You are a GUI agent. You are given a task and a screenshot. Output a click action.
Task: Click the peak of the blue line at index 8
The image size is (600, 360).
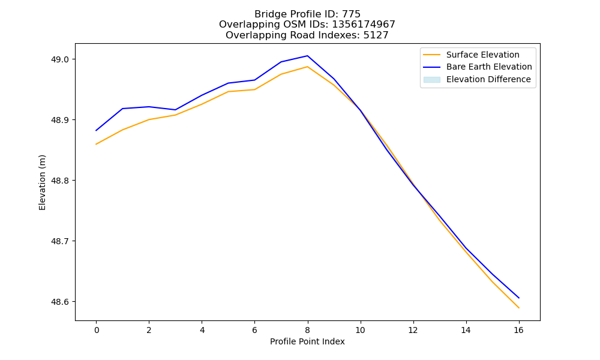click(307, 56)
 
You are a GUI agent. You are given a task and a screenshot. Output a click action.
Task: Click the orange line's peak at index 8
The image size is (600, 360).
click(307, 67)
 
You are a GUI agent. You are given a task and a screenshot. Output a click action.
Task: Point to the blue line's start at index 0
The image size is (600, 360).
click(96, 130)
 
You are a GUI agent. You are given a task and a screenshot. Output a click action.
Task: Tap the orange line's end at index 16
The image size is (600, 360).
click(519, 308)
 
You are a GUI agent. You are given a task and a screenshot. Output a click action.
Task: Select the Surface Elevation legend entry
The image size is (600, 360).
click(472, 55)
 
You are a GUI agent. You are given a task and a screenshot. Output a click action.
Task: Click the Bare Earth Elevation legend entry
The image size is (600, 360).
click(478, 67)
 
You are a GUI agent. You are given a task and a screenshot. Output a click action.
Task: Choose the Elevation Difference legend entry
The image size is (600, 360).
click(477, 79)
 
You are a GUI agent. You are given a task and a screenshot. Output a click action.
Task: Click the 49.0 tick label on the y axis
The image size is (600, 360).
click(60, 59)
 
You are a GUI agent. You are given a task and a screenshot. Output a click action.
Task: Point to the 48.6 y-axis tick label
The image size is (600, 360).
click(60, 302)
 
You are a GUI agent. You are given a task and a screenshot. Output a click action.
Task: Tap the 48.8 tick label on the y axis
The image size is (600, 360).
click(60, 181)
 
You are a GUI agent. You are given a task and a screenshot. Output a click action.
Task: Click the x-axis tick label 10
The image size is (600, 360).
click(360, 330)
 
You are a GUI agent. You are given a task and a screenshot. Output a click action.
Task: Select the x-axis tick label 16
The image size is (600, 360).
click(518, 330)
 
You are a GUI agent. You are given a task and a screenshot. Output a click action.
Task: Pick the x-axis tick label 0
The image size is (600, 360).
click(97, 330)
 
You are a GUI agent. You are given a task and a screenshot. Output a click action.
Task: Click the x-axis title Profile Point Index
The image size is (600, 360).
click(307, 341)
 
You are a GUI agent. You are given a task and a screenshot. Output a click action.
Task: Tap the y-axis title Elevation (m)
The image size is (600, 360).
click(42, 182)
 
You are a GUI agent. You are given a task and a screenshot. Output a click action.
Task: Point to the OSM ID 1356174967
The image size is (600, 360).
click(364, 25)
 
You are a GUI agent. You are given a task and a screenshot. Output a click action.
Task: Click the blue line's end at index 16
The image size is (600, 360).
click(519, 298)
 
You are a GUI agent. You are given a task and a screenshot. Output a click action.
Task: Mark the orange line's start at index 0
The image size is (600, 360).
click(96, 144)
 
